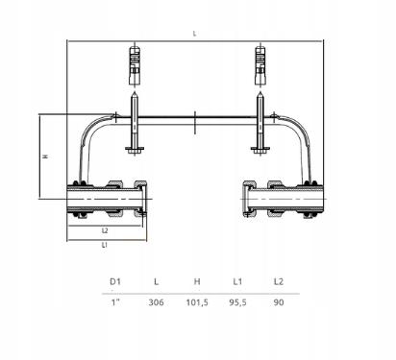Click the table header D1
[115, 281]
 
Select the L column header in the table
[156, 281]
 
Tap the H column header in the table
[197, 281]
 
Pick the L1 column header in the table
[237, 281]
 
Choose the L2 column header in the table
[279, 281]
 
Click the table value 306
[156, 302]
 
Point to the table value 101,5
[197, 302]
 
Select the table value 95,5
[237, 302]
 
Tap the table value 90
[279, 302]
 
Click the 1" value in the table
[115, 302]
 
